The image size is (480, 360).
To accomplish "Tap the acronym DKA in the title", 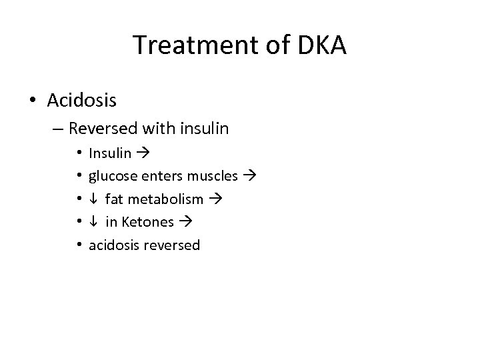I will pos(318,45).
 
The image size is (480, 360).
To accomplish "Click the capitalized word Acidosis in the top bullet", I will pos(82,101).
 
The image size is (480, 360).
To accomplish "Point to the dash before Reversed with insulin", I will pos(58,127).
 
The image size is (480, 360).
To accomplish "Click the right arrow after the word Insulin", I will pos(142,154).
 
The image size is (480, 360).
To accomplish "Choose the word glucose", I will pos(110,177).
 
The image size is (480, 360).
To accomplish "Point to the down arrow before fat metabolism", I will pos(93,199).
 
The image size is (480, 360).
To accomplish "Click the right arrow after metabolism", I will pos(215,199).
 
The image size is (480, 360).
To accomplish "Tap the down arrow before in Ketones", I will pos(93,222).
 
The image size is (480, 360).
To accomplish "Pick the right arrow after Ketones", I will pos(185,222).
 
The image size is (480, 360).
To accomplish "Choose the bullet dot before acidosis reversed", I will pos(77,245).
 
